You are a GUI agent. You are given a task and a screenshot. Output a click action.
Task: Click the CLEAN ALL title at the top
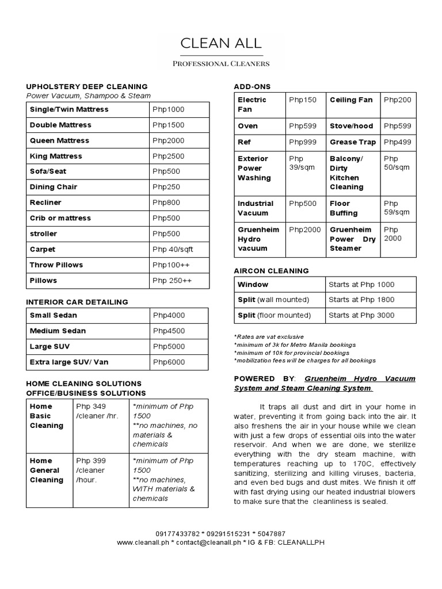coord(221,43)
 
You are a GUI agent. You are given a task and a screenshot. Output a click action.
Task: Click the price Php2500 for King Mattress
coord(169,156)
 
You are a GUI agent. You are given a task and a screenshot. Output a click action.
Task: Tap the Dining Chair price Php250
coord(166,187)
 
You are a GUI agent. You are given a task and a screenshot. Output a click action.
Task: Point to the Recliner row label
coord(45,202)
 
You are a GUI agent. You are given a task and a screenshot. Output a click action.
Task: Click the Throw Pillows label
coord(56,265)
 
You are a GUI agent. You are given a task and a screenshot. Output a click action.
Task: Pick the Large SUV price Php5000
coord(169,346)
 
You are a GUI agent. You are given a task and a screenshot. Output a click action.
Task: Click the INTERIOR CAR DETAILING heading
coord(77,301)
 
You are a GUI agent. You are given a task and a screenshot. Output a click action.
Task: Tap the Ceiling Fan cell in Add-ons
coord(351,100)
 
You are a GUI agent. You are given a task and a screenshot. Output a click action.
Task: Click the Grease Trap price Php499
coord(398,141)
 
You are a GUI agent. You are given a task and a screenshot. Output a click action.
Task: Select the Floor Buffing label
coord(344,208)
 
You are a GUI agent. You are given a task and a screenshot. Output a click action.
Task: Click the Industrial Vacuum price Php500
coord(303,203)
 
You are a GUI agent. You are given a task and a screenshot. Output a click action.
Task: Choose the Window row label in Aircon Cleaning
coord(253,284)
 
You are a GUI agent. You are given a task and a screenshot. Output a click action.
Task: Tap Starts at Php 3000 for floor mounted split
coord(361,315)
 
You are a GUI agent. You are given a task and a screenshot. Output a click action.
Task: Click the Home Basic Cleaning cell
coord(47,415)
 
